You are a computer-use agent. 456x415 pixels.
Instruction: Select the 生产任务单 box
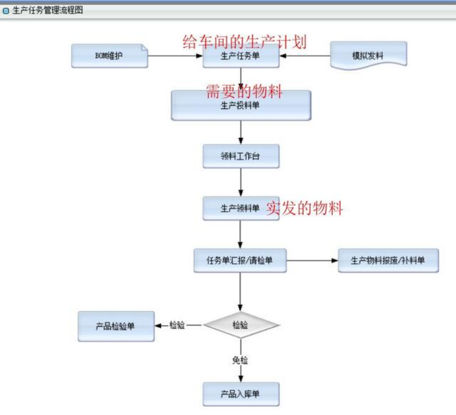coord(241,56)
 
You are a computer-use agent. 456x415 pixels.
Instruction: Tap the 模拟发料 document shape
coord(368,56)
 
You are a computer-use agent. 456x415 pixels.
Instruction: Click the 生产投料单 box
coord(241,106)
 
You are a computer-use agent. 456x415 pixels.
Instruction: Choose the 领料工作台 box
coord(241,156)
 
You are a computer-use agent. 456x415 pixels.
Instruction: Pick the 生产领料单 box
coord(240,208)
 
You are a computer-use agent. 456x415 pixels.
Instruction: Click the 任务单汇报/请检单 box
coord(239,260)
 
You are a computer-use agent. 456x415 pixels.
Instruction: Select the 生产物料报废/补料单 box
coord(388,260)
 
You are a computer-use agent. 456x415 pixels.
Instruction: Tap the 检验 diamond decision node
coord(241,325)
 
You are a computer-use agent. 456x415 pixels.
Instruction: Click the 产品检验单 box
coord(116,326)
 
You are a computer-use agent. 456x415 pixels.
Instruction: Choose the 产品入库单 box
coord(241,394)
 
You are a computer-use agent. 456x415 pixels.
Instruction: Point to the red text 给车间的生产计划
coord(245,41)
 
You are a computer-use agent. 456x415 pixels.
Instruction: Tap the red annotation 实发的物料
coord(305,208)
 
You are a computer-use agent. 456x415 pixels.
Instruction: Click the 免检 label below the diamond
coord(240,360)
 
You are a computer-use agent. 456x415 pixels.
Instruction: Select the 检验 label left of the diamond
coord(177,325)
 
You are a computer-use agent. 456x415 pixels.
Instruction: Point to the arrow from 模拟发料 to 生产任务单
coord(305,56)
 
